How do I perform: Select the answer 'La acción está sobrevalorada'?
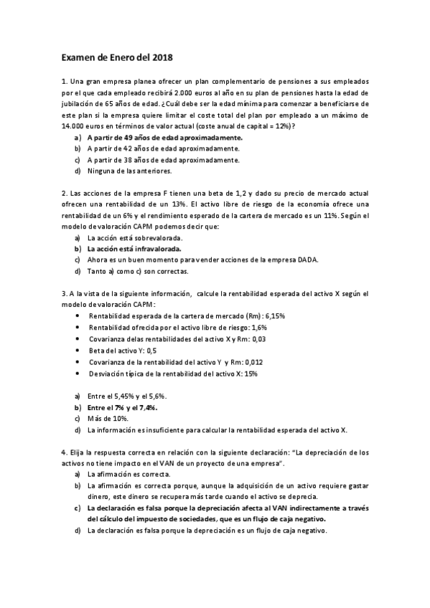click(x=134, y=237)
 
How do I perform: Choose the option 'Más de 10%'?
click(x=107, y=419)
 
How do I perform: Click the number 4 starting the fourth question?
click(x=65, y=452)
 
